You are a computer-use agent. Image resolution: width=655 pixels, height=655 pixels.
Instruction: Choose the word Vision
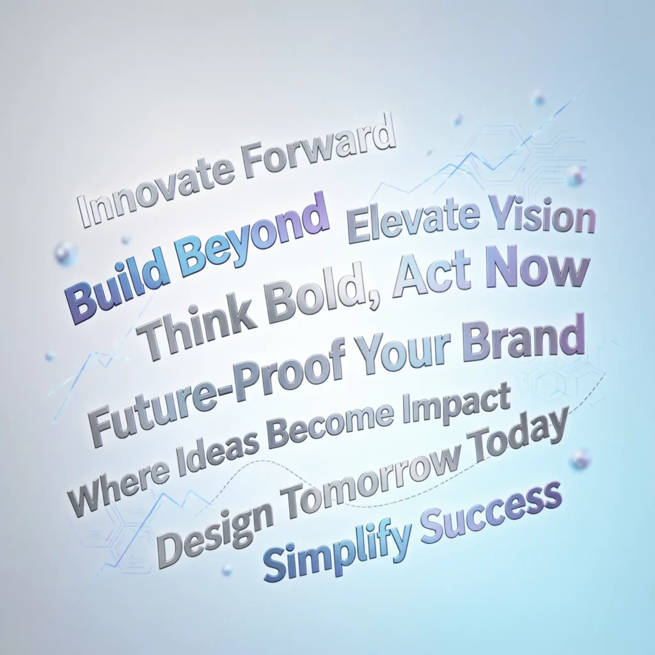(543, 217)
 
